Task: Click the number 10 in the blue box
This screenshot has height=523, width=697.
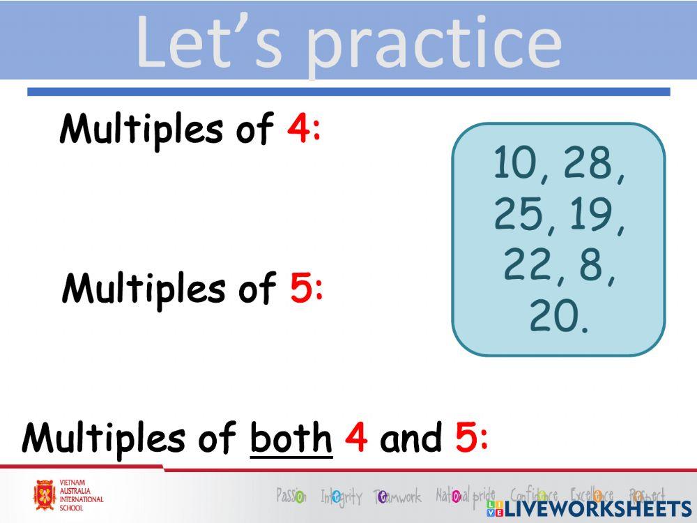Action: click(514, 163)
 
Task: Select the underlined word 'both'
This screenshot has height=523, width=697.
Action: click(291, 437)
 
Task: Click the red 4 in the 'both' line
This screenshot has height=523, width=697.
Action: click(356, 437)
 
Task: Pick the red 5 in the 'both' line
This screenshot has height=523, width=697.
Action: click(466, 437)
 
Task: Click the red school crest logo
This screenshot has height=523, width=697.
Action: click(45, 495)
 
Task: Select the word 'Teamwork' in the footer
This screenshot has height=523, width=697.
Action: click(398, 497)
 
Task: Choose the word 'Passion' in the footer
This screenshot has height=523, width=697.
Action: click(291, 496)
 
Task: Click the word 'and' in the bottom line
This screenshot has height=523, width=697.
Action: click(411, 437)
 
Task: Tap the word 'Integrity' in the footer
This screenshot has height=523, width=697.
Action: click(342, 497)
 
